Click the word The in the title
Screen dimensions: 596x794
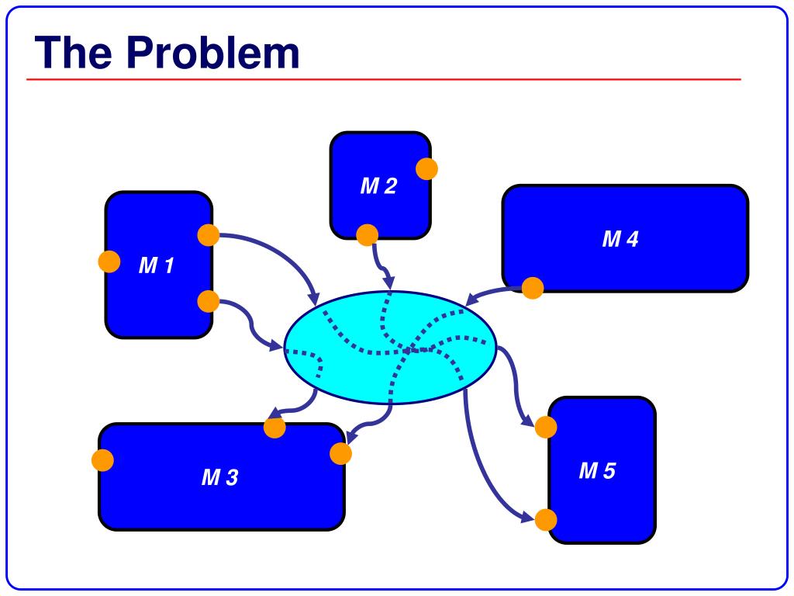click(75, 53)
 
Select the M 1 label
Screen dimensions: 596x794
click(157, 266)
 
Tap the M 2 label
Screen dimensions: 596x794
click(378, 186)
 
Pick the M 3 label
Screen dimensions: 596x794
click(220, 478)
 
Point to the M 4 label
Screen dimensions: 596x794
click(620, 239)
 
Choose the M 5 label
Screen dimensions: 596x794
click(597, 471)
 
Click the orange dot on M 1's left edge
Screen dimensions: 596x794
click(109, 262)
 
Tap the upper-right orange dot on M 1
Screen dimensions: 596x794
click(208, 235)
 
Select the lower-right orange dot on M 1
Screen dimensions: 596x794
click(208, 301)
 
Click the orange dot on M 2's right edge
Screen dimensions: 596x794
click(426, 168)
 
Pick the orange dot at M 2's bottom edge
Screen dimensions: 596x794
click(367, 234)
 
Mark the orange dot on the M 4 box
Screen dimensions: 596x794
click(533, 288)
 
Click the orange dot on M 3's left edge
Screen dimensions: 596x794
click(102, 460)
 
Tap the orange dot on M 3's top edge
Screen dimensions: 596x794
click(274, 427)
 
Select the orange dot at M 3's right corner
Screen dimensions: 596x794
click(340, 453)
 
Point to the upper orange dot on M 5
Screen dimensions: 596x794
click(546, 427)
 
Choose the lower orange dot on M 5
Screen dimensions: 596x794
click(546, 520)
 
